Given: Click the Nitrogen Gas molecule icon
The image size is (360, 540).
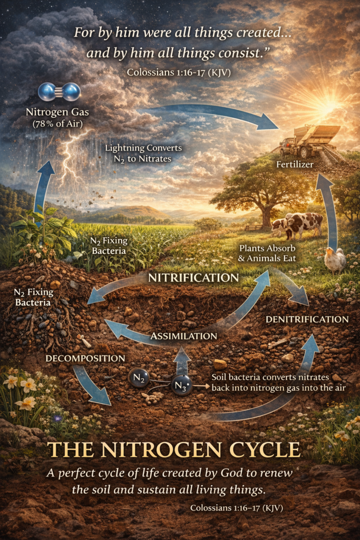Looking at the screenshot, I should pos(59,92).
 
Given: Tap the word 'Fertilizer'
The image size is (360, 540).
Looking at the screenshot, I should pos(295,165).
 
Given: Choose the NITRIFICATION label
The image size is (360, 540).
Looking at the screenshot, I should pos(193,277).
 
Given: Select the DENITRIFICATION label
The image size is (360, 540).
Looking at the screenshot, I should pos(307,320).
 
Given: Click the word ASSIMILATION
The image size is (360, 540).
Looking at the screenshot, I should pos(184,336).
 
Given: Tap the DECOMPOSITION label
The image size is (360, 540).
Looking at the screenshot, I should pos(85,359).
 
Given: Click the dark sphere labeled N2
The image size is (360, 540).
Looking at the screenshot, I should pos(139,377).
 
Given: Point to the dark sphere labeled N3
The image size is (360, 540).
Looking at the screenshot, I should pos(181,387).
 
